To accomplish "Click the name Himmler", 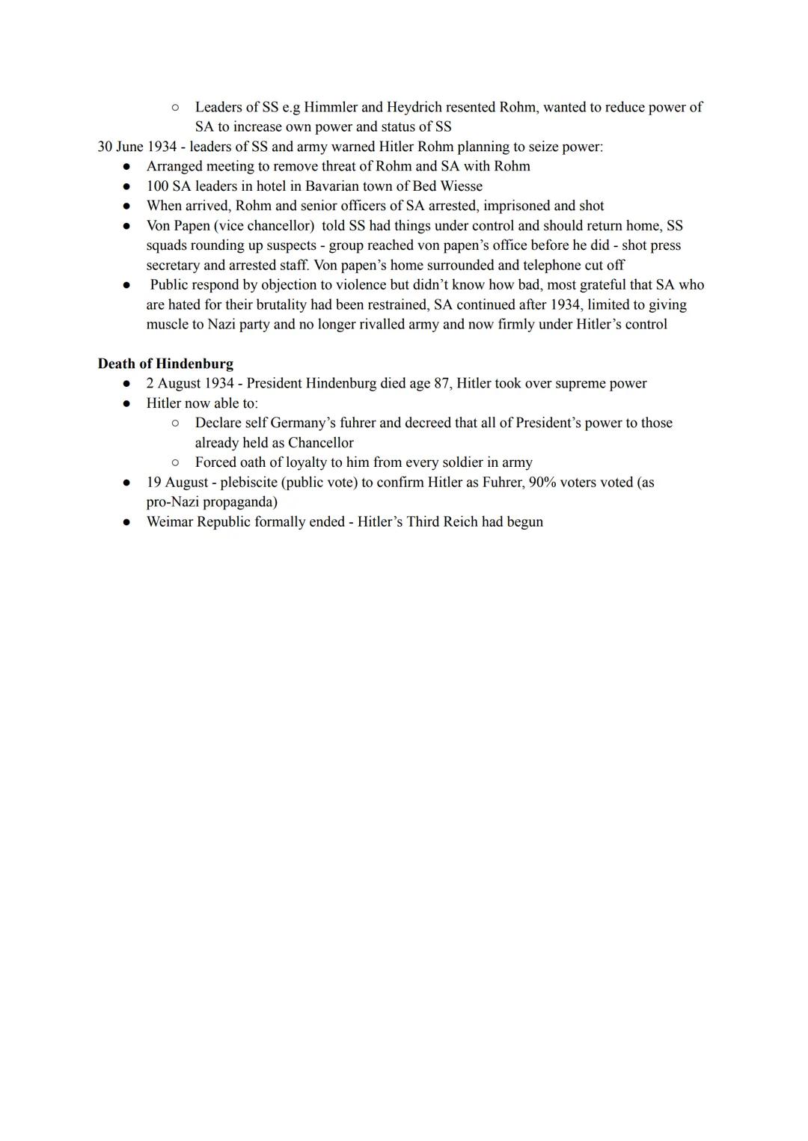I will pos(331,107).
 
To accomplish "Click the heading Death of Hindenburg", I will pos(165,364).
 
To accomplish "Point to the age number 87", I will pos(441,383).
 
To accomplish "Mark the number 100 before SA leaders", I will pos(157,186).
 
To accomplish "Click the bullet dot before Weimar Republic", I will pos(128,522).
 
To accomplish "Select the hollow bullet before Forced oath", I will pos(175,462).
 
